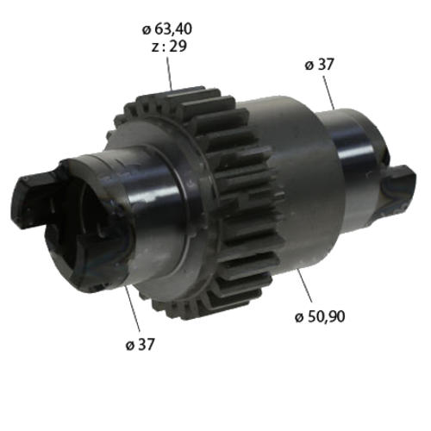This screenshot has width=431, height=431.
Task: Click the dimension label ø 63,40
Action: [167, 29]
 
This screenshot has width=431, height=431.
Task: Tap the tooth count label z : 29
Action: [169, 47]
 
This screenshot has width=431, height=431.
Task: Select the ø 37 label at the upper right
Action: [319, 65]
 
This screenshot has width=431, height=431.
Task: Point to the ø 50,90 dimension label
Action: [320, 316]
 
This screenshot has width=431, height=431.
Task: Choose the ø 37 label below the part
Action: [141, 344]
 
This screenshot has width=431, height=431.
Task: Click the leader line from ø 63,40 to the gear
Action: [169, 73]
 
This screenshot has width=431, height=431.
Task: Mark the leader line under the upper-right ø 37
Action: [328, 92]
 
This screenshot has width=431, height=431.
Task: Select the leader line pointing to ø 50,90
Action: [304, 285]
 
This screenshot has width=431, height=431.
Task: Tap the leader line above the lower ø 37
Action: [133, 309]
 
